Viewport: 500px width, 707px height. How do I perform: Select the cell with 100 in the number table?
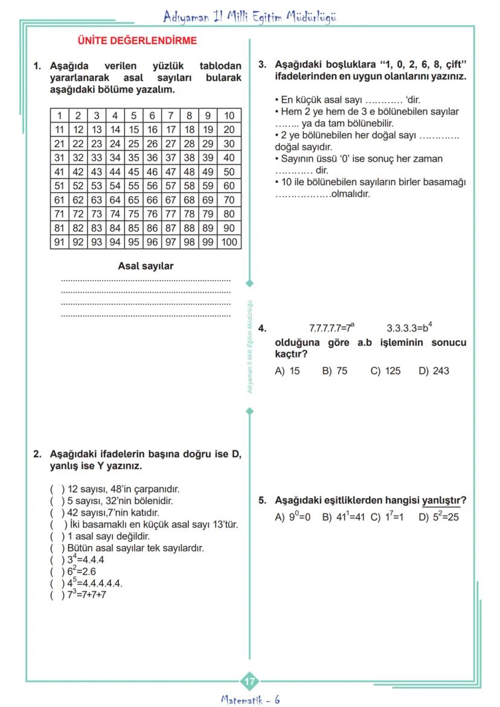coord(229,242)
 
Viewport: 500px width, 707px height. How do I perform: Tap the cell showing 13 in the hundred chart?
coord(97,129)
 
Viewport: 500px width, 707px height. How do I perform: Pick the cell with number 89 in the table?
coord(208,228)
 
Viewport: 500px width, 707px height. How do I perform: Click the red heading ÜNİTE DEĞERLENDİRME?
coord(137,41)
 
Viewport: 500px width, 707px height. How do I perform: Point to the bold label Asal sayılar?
coord(146,266)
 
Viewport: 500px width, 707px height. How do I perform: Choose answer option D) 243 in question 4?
coord(434,371)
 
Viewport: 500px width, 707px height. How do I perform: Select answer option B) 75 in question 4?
coord(335,371)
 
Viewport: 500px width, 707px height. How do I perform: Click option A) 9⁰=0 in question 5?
coord(293,517)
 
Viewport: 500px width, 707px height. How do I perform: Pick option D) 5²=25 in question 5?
coord(439,517)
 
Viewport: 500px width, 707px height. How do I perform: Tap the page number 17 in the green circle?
coord(249,682)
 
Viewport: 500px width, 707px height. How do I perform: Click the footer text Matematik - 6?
coord(249,700)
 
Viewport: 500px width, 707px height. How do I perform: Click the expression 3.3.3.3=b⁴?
coord(409,328)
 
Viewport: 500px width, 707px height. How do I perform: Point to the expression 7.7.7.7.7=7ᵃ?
coord(332,328)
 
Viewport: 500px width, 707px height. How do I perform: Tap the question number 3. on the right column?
coord(262,64)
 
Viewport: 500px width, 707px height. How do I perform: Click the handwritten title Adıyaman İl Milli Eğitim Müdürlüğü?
coord(249,17)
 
